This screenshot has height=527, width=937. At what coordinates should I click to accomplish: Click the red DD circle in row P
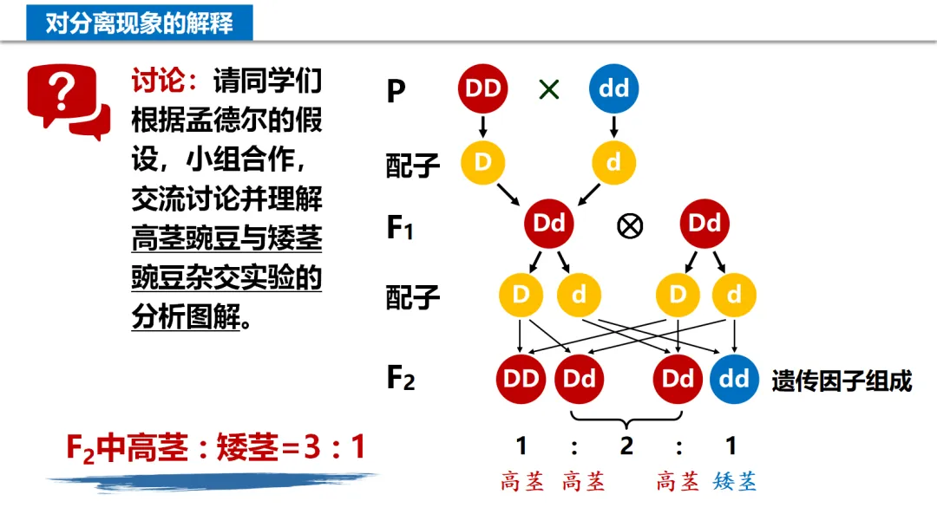click(483, 88)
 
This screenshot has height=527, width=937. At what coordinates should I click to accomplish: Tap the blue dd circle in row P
click(613, 88)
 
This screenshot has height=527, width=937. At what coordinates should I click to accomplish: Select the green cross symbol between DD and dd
click(549, 88)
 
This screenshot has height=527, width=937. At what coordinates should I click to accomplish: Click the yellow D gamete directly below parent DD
click(483, 162)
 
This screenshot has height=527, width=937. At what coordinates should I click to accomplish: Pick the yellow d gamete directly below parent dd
click(613, 162)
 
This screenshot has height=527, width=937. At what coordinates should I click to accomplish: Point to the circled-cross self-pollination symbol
click(629, 226)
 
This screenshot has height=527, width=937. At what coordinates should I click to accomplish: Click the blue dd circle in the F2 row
click(734, 379)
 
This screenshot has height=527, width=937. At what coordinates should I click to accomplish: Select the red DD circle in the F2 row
click(520, 379)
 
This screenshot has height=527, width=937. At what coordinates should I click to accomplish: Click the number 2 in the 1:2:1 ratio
click(626, 446)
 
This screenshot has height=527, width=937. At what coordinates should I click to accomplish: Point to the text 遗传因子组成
click(842, 381)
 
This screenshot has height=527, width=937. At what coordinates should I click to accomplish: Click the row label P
click(396, 90)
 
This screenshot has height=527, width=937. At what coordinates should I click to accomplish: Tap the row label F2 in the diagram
click(401, 379)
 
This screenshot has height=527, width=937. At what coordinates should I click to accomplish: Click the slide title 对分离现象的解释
click(139, 23)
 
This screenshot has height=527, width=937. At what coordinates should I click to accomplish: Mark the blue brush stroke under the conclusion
click(213, 479)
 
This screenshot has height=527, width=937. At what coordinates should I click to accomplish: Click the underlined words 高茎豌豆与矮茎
click(226, 238)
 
